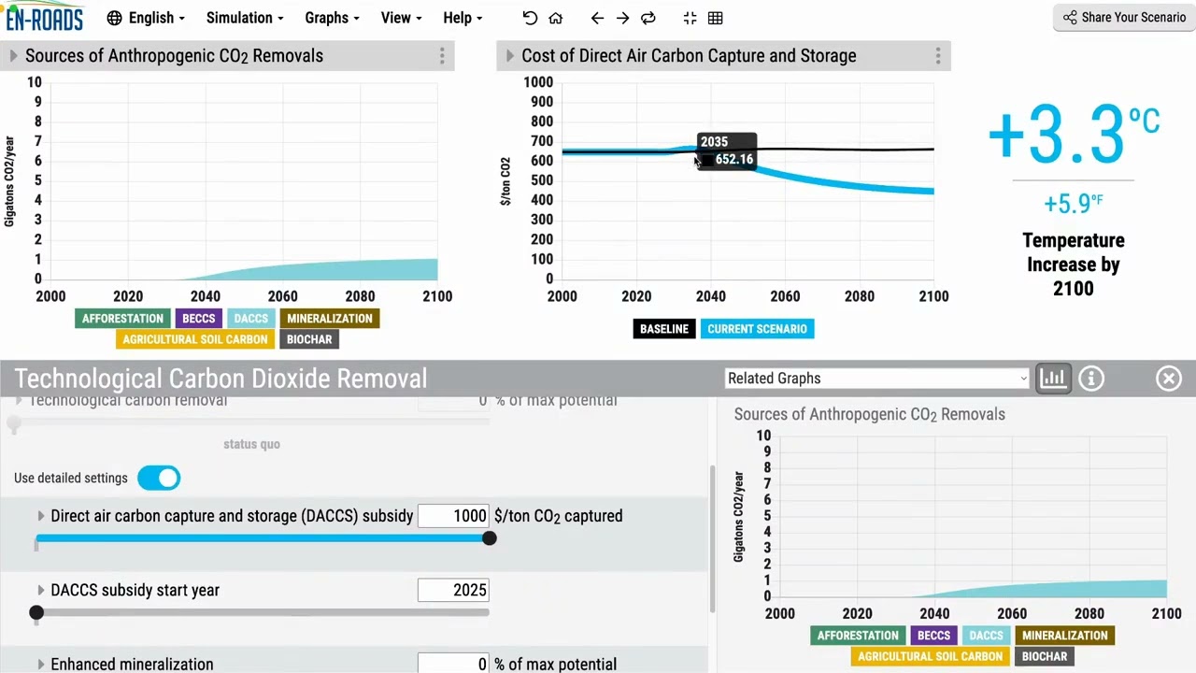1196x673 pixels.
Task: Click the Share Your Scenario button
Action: coord(1124,18)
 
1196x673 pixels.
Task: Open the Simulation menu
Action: coord(245,18)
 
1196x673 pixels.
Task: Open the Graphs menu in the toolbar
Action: coord(332,18)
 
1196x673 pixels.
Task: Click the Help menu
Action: coord(463,18)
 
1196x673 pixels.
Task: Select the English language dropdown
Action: coord(146,18)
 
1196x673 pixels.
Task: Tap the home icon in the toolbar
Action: coord(556,18)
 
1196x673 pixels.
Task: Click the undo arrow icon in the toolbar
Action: coord(530,18)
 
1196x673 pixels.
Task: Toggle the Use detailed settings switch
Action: coord(159,479)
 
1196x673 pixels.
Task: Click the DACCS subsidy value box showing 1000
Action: coord(453,516)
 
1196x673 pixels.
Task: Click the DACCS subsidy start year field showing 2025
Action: coord(453,590)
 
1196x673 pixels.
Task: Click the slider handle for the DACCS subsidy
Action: coord(489,538)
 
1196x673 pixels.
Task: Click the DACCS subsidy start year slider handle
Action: coord(36,612)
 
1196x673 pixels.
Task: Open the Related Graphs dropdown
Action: coord(876,379)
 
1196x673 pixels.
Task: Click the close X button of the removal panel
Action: coord(1168,379)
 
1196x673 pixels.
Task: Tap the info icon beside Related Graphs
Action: coord(1091,379)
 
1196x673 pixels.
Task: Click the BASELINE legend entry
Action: coord(663,329)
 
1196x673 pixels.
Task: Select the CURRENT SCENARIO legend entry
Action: coord(757,329)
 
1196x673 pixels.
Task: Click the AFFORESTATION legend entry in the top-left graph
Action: coord(122,319)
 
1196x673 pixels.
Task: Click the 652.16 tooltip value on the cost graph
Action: coord(733,160)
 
